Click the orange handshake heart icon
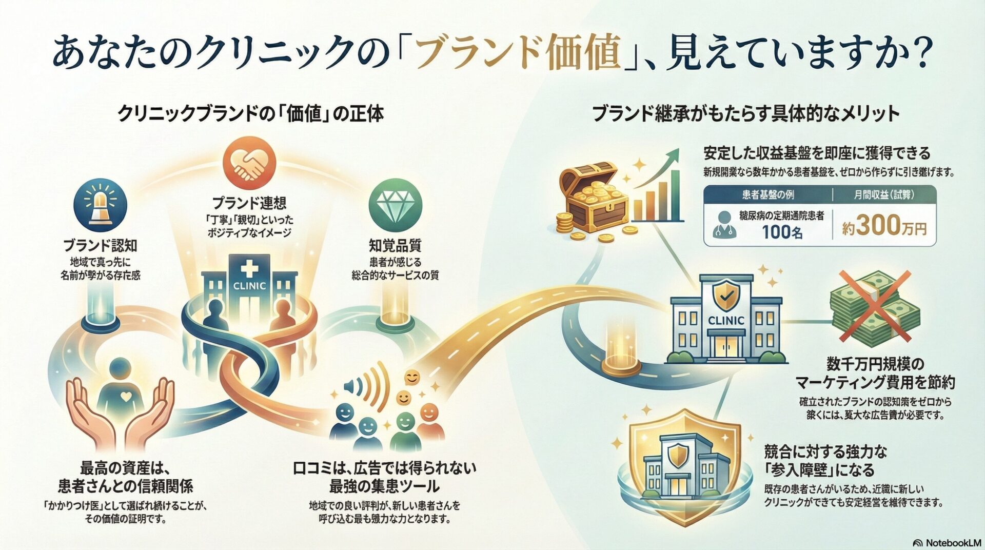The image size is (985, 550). click(249, 163)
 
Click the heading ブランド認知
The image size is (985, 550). click(101, 245)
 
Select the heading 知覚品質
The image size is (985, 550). click(395, 245)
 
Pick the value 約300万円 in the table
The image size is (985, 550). click(885, 226)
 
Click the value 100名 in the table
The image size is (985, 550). click(782, 232)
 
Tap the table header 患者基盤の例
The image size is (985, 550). click(767, 195)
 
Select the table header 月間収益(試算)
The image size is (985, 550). click(884, 195)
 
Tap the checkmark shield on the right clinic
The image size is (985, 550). click(725, 297)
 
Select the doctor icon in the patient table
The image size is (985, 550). click(724, 225)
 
